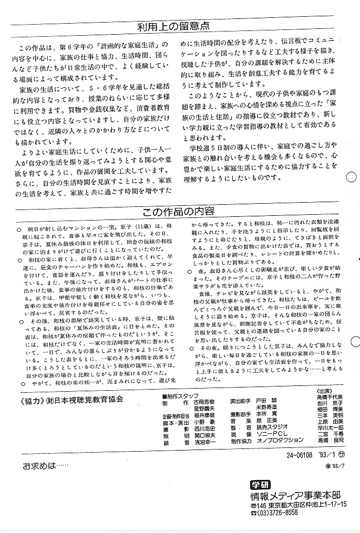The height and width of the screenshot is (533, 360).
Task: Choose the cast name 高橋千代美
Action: point(330,397)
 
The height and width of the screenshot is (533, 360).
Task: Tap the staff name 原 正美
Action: point(268,421)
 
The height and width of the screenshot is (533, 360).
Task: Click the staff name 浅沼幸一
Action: point(205,444)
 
